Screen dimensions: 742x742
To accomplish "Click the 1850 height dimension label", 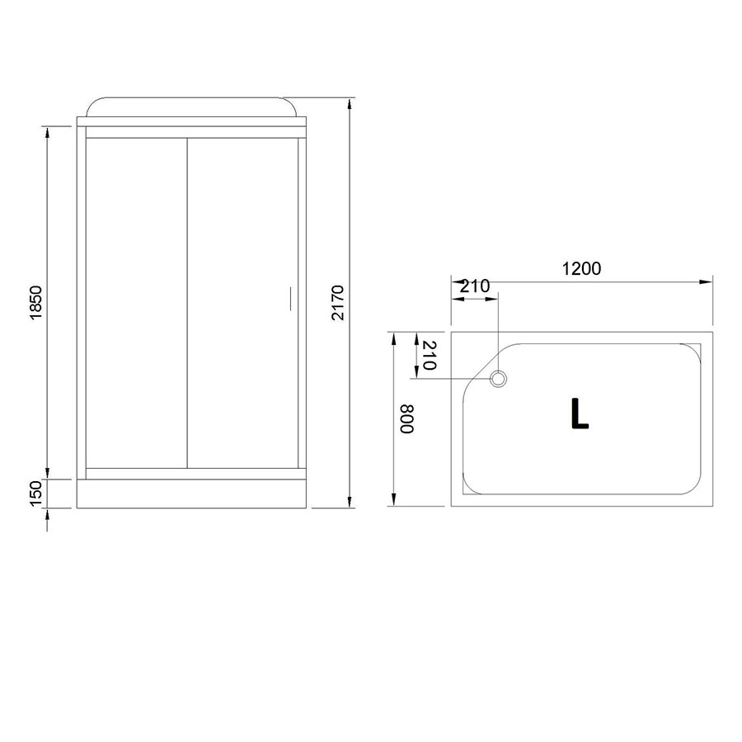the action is (x=36, y=303).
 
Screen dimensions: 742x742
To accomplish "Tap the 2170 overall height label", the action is (x=338, y=303).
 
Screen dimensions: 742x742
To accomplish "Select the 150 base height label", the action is (x=36, y=494).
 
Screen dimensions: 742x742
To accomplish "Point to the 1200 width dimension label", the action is (x=581, y=269).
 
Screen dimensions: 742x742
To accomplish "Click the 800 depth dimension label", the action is (x=407, y=418).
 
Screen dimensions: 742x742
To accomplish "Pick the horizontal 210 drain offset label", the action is (x=475, y=286).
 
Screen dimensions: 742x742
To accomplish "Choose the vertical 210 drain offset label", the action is (x=428, y=355).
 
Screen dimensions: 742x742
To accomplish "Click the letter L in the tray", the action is (x=580, y=414).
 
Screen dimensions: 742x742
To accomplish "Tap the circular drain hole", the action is (x=498, y=379).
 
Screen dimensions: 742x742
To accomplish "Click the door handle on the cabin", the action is (x=290, y=299).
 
